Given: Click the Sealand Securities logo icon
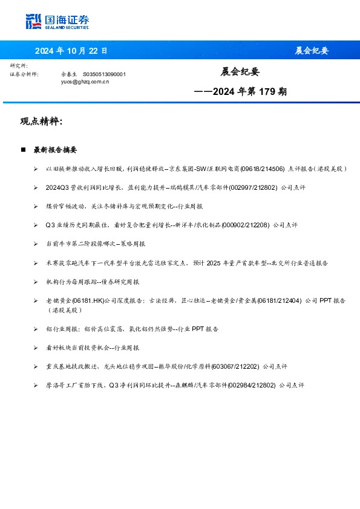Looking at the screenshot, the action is pyautogui.click(x=34, y=22).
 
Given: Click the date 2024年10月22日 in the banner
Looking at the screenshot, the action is pyautogui.click(x=71, y=51).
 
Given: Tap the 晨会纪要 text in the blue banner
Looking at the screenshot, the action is pyautogui.click(x=312, y=51).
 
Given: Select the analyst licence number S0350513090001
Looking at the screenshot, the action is pyautogui.click(x=104, y=74).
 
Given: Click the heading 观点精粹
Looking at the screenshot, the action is pyautogui.click(x=41, y=122).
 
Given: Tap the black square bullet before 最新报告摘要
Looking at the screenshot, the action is pyautogui.click(x=23, y=149).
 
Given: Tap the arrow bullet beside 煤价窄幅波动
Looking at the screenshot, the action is pyautogui.click(x=36, y=206).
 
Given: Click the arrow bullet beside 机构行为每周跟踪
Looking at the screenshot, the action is pyautogui.click(x=36, y=282).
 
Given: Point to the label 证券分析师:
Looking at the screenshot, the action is pyautogui.click(x=25, y=74).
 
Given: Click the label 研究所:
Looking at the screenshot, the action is pyautogui.click(x=19, y=65).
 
